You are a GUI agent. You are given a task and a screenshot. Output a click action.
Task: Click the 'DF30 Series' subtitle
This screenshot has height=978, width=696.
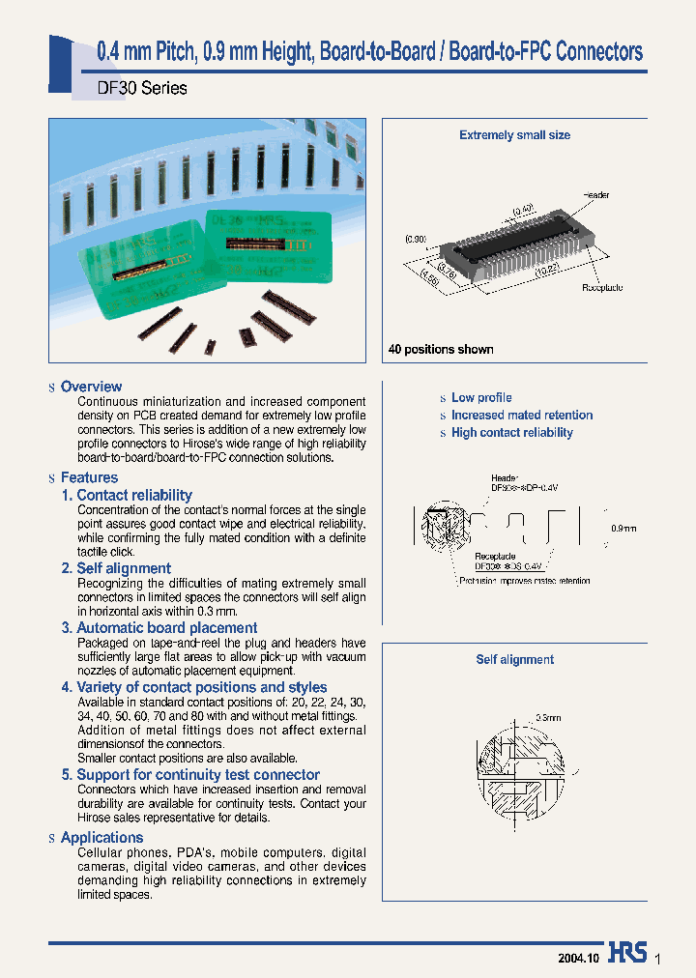(142, 88)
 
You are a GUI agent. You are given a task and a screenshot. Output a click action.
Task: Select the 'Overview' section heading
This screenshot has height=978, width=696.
(91, 387)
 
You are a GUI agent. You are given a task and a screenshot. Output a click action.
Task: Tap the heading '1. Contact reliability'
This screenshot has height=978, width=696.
(127, 495)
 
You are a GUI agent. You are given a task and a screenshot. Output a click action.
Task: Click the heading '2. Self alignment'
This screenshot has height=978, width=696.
(116, 568)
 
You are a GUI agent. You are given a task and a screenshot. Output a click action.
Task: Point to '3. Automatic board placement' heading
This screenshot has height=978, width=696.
(159, 627)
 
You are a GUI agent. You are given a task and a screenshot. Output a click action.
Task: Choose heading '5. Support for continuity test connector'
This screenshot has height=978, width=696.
(190, 774)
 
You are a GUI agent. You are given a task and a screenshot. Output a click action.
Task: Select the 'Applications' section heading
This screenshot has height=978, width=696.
(101, 838)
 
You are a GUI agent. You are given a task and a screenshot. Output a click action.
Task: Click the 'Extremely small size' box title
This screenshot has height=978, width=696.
(514, 135)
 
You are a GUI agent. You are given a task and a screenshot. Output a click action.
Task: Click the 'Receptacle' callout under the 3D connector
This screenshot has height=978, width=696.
(602, 288)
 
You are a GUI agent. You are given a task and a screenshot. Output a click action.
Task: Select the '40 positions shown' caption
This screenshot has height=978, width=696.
(441, 349)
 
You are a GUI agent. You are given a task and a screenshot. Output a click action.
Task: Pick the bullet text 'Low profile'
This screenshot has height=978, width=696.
(481, 397)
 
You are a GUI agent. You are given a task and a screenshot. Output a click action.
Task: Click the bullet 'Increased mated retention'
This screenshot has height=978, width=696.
(522, 415)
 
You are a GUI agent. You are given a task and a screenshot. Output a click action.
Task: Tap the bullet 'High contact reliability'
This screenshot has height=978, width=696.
(512, 432)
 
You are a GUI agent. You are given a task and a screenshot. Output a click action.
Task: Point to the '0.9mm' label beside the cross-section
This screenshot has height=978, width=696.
(624, 528)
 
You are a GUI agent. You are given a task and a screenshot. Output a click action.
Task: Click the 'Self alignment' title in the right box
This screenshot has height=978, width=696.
(514, 659)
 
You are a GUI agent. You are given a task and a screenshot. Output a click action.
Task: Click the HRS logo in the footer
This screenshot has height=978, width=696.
(627, 953)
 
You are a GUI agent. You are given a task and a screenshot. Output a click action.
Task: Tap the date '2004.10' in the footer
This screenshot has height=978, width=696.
(579, 957)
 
